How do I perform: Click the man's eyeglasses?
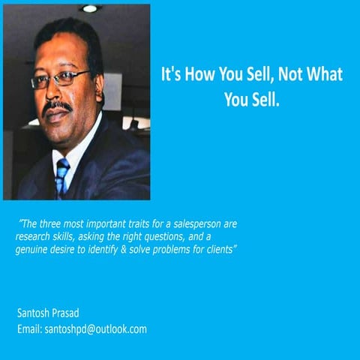click(x=61, y=78)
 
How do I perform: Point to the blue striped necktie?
click(x=61, y=177)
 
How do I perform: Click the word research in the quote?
click(x=34, y=236)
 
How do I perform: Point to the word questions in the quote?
click(x=163, y=236)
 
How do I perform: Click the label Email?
click(x=29, y=328)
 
